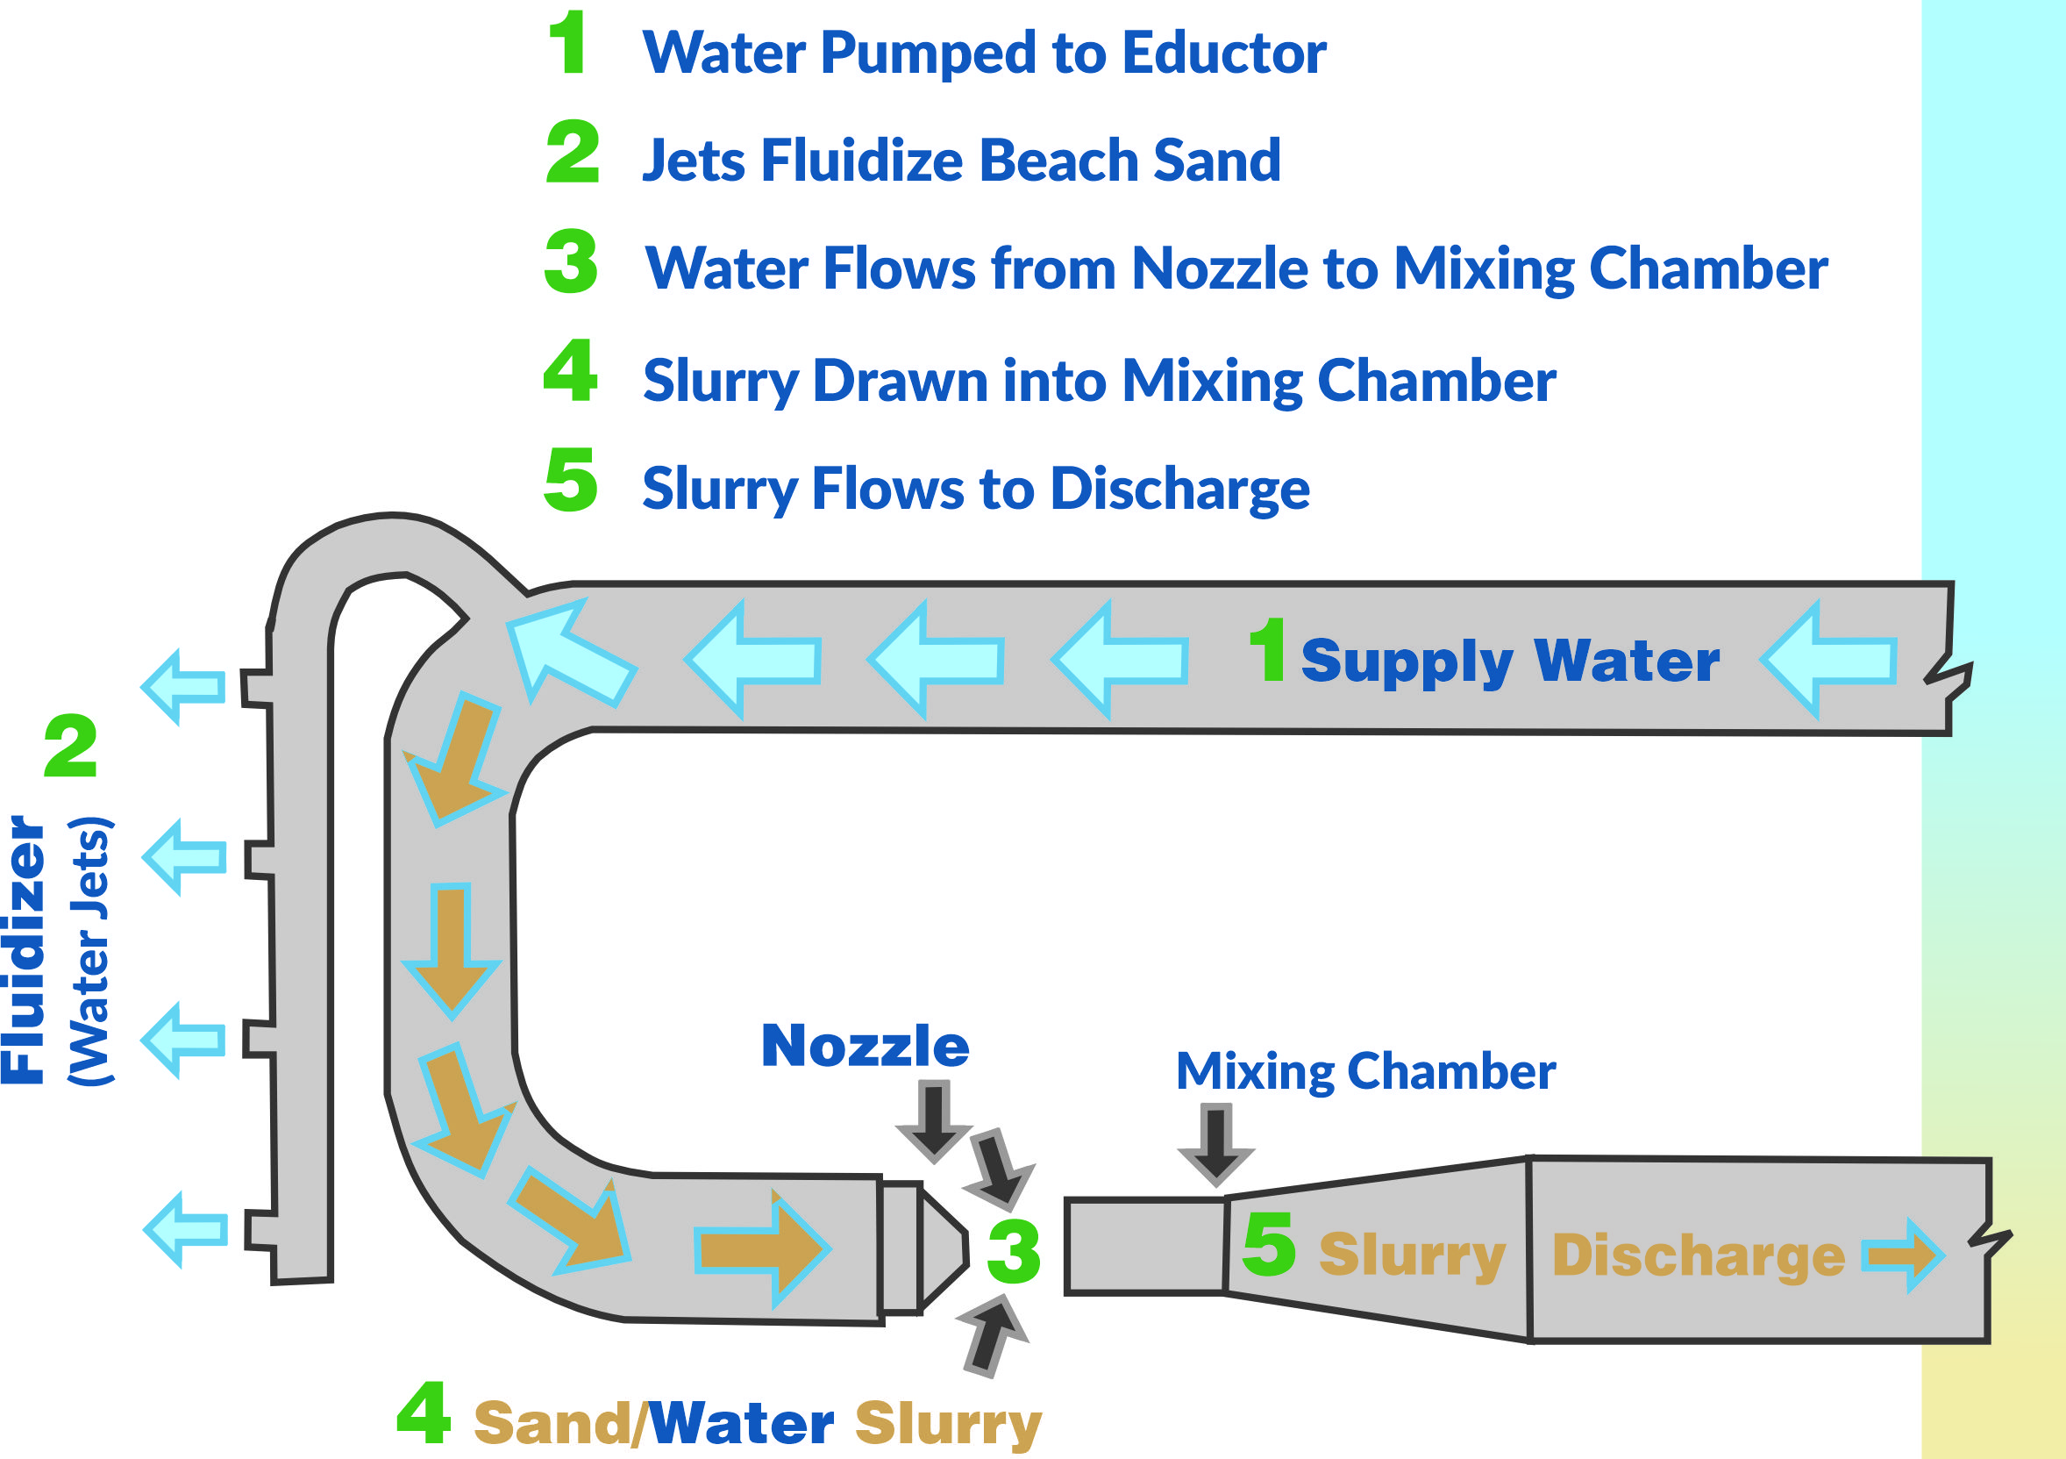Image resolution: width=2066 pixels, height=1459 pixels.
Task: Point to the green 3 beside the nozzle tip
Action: coord(1013,1252)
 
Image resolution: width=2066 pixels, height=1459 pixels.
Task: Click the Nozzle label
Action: coord(865,1047)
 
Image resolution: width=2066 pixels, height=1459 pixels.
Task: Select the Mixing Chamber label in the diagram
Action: coord(1366,1072)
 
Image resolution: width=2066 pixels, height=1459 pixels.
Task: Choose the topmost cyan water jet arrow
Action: coord(184,687)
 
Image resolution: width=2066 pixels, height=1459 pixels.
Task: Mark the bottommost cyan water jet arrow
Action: coord(186,1229)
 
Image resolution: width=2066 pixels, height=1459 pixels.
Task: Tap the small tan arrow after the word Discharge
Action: coord(1902,1255)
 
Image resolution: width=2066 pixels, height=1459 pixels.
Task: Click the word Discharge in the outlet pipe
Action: coord(1698,1256)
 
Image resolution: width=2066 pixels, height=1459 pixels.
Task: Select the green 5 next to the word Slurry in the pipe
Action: coord(1269,1245)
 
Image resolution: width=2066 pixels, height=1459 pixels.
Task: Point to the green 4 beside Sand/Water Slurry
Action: coord(423,1413)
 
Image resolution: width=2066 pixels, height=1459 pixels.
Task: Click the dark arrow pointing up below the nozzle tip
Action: coord(992,1334)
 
